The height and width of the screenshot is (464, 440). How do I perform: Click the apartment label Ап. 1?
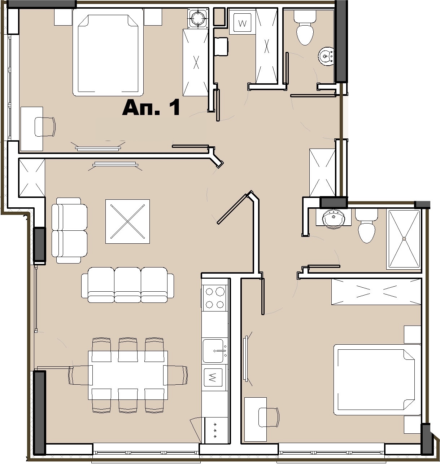coord(151,107)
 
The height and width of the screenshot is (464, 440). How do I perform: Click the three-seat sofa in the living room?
coord(127,284)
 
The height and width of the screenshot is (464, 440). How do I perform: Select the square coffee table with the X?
coord(127,221)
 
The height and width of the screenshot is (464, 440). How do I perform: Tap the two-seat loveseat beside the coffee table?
coord(69,230)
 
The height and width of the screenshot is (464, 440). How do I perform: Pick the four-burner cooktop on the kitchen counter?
coord(214,298)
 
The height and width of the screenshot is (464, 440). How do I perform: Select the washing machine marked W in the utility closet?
coord(242,23)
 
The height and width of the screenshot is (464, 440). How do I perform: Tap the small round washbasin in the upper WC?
coord(326,57)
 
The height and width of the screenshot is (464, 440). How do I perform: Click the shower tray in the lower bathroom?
coord(404,239)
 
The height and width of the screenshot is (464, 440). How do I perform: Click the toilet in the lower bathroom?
coord(366,226)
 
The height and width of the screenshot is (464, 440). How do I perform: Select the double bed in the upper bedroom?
coord(108,52)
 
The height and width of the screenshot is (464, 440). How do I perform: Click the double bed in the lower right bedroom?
coord(377,380)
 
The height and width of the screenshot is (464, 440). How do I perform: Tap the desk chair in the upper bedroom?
coord(45,127)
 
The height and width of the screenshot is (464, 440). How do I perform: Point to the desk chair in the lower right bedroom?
coord(269,417)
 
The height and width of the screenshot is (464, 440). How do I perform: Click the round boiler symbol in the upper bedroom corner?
coord(198,18)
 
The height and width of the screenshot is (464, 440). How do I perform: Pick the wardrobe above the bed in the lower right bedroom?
coord(376,292)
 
